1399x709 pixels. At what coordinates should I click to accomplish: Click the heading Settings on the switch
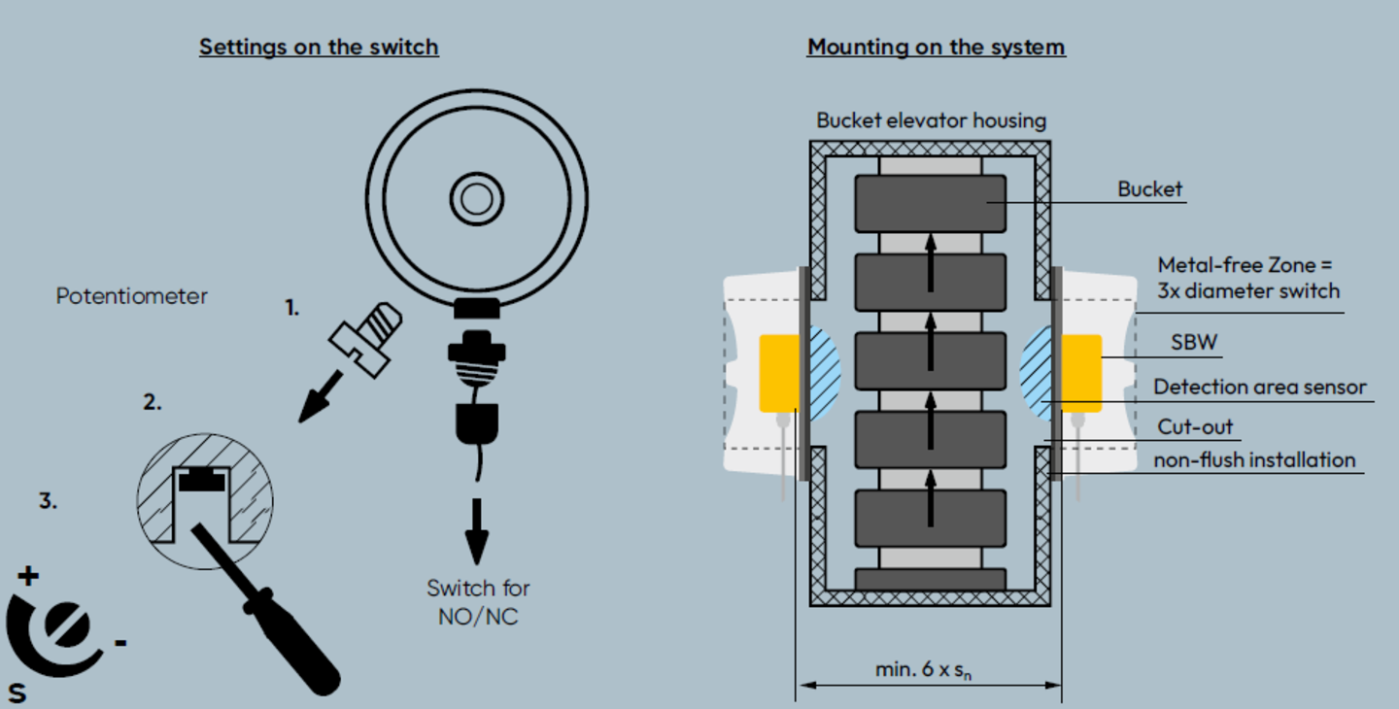[x=319, y=47]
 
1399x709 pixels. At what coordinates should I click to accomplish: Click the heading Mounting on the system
[x=936, y=47]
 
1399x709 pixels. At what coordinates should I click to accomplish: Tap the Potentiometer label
[x=131, y=296]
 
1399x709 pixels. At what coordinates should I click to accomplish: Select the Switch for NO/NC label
[x=478, y=601]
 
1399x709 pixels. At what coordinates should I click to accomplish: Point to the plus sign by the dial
[x=28, y=576]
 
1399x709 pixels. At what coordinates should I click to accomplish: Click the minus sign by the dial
[x=119, y=642]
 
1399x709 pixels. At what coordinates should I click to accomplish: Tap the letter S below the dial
[x=17, y=692]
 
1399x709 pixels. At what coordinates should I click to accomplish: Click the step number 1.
[x=291, y=309]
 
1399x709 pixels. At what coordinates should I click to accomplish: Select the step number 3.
[x=48, y=502]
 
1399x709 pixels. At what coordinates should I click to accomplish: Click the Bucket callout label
[x=1150, y=189]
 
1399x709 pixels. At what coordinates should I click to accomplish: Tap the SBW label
[x=1194, y=343]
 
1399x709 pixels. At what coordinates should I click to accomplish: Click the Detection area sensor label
[x=1260, y=387]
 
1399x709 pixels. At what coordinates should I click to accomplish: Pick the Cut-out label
[x=1195, y=427]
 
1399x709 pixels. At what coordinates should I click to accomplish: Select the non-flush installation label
[x=1253, y=459]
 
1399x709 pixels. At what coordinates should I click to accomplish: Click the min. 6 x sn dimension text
[x=929, y=669]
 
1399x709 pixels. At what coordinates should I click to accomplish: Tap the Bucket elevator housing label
[x=931, y=120]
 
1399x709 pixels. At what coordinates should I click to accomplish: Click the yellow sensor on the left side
[x=778, y=372]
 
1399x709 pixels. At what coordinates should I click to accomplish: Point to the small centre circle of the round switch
[x=476, y=198]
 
